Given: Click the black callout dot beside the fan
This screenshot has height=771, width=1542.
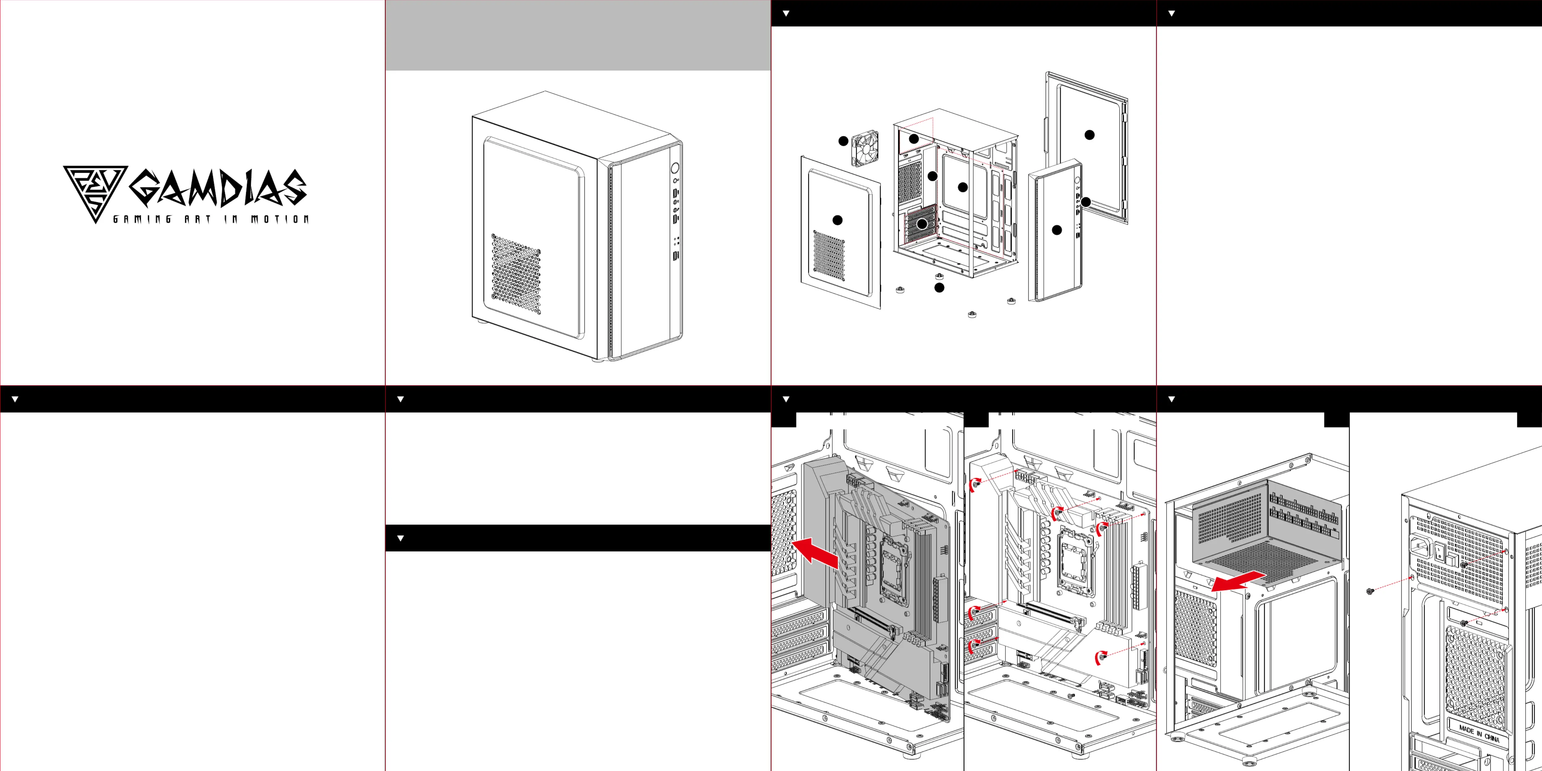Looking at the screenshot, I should click(843, 141).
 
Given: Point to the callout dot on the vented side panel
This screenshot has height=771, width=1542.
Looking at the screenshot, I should click(837, 220).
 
